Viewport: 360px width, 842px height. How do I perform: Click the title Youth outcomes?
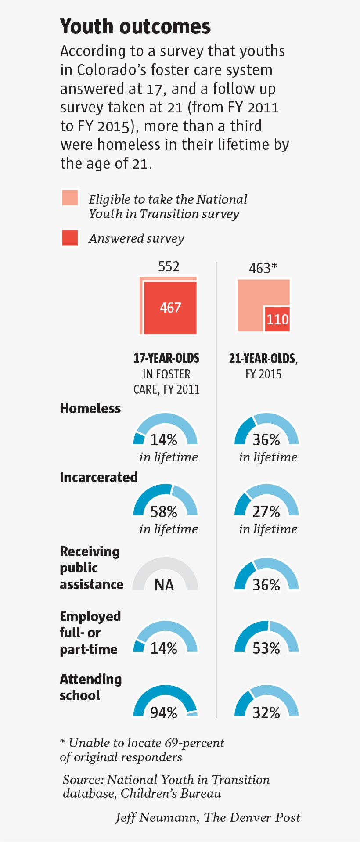[x=135, y=27]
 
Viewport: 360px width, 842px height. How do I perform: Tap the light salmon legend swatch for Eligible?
[x=70, y=198]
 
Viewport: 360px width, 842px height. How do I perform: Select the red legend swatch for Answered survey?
[x=70, y=238]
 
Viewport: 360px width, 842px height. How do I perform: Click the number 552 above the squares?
[x=169, y=267]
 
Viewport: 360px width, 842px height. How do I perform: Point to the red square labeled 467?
[x=170, y=308]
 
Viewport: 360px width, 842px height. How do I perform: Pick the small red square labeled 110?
[x=277, y=319]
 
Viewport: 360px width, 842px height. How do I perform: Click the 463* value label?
[x=263, y=268]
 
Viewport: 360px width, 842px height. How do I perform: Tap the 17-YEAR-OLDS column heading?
[x=166, y=358]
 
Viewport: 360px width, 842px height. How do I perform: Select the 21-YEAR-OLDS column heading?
[x=263, y=359]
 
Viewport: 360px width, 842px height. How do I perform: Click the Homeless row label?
[x=90, y=408]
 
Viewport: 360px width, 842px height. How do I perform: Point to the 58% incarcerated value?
[x=164, y=512]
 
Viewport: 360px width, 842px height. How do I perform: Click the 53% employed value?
[x=266, y=648]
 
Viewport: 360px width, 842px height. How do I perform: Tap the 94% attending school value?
[x=164, y=712]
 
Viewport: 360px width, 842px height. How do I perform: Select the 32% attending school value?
[x=266, y=712]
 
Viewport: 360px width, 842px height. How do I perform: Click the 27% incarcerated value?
[x=266, y=512]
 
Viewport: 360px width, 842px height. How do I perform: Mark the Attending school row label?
[x=90, y=687]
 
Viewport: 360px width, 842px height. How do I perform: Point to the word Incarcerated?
[x=99, y=477]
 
